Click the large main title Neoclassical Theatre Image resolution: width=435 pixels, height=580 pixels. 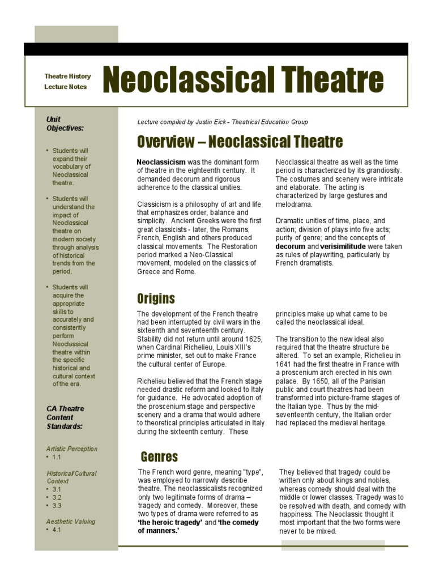tap(243, 79)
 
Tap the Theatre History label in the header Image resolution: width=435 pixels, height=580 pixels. tap(67, 76)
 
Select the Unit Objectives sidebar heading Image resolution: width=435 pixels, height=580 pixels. tap(65, 123)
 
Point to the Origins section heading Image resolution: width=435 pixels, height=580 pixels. tap(156, 298)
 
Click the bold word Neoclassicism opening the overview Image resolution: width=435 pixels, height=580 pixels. tap(161, 162)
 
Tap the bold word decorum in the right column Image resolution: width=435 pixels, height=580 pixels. tap(291, 247)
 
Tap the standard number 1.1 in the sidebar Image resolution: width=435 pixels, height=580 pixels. tap(57, 457)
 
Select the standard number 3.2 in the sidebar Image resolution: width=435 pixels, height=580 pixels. tap(57, 497)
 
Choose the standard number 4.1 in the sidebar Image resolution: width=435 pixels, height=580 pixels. tap(57, 530)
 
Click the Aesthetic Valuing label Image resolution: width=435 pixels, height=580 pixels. tap(71, 521)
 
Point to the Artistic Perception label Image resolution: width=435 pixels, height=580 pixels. tap(72, 449)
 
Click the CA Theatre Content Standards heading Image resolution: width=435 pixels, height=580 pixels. tap(65, 417)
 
